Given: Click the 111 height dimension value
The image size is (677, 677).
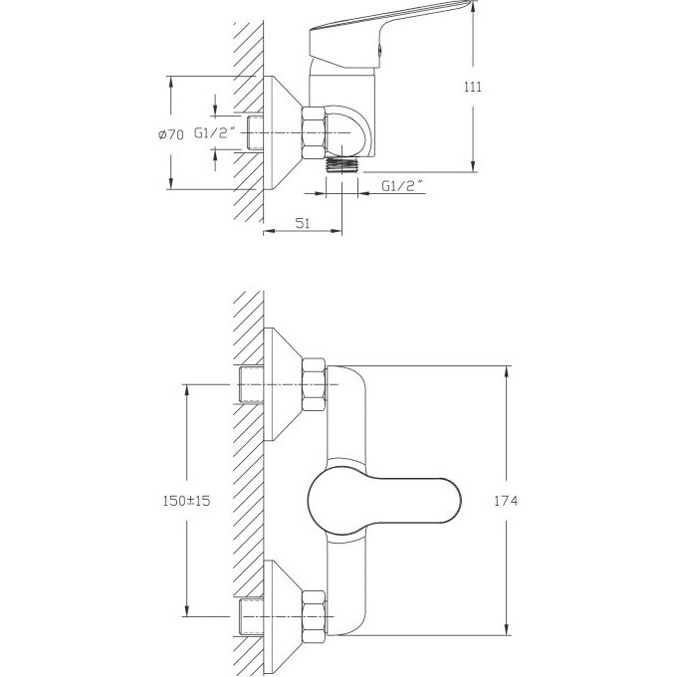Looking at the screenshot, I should (473, 87).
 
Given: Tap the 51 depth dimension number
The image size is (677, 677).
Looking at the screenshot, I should (304, 224).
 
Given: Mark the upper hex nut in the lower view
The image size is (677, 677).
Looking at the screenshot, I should (315, 386).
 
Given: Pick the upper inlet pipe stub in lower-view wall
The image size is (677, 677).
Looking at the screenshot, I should (254, 386).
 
